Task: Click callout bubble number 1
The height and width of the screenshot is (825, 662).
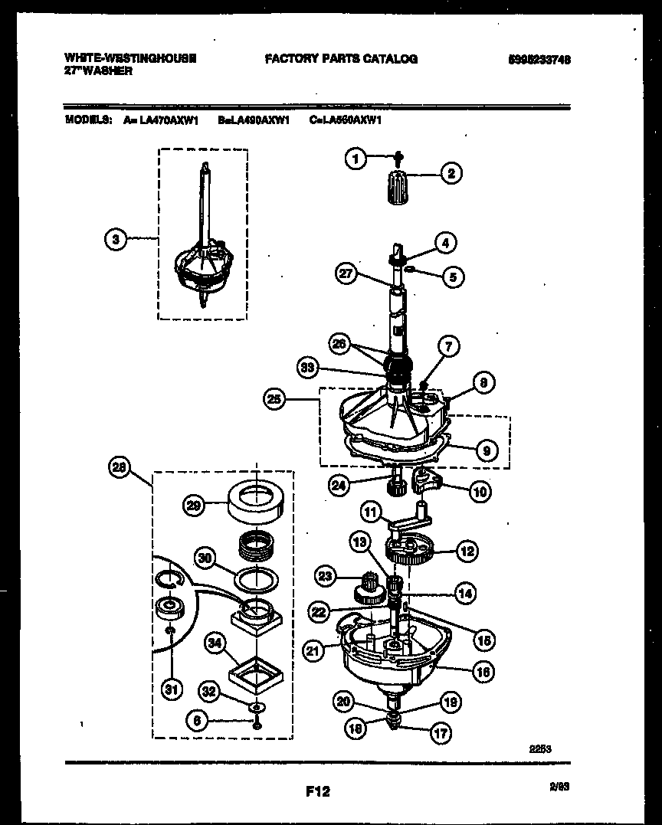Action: click(353, 159)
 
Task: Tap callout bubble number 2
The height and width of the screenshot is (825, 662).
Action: click(451, 174)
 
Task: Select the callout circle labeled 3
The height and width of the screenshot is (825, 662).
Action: click(115, 239)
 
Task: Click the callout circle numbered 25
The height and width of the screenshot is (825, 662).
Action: click(275, 398)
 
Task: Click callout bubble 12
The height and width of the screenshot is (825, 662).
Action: click(467, 550)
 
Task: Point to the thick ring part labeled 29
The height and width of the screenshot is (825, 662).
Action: click(255, 501)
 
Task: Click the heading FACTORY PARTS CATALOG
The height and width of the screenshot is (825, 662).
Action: click(341, 59)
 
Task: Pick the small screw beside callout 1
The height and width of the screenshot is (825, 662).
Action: click(398, 158)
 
